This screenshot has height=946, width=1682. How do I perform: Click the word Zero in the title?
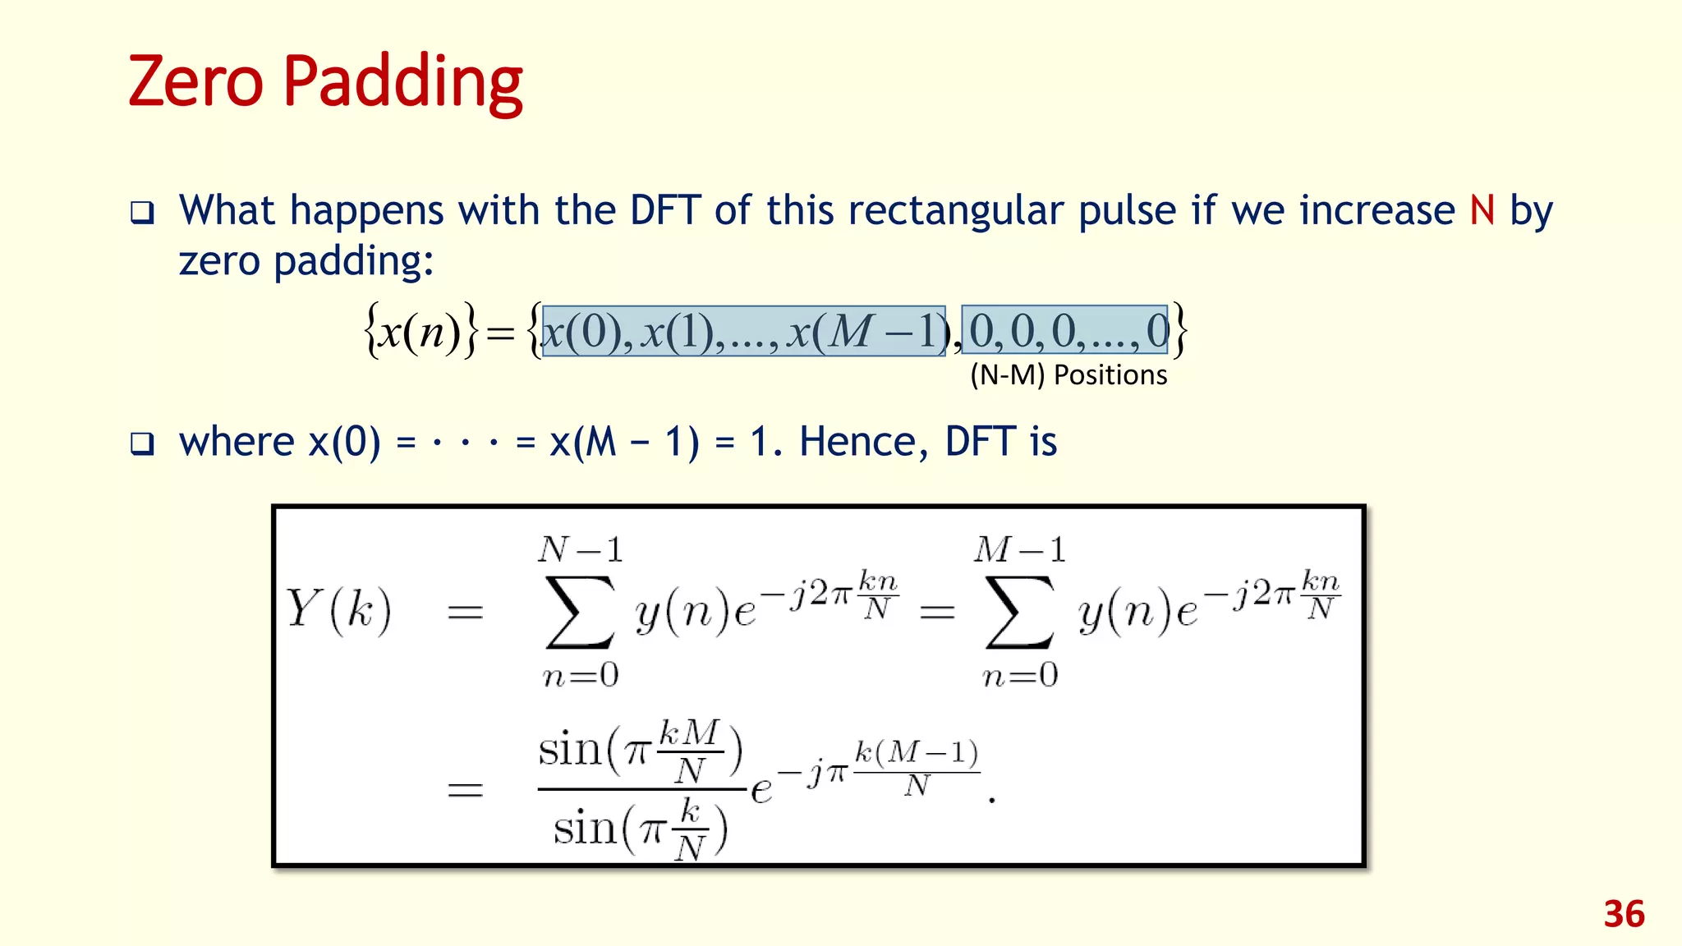[195, 81]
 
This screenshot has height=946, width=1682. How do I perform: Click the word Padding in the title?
[402, 83]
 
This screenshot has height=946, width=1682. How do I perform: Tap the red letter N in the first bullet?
[1482, 210]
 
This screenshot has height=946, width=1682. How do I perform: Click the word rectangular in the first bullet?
[956, 212]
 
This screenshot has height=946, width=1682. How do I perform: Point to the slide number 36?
[1624, 915]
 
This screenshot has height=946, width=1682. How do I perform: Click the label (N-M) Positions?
[1068, 375]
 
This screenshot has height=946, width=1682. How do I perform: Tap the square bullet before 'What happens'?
[142, 214]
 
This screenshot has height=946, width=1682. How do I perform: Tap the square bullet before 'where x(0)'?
[142, 444]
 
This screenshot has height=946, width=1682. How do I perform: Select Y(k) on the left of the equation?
[338, 610]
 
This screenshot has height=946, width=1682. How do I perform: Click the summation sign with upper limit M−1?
[1020, 612]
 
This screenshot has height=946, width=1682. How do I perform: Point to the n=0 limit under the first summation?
[581, 675]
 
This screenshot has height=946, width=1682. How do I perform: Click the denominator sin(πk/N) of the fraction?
[641, 828]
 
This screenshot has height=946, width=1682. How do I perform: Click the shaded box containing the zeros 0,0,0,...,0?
[1064, 330]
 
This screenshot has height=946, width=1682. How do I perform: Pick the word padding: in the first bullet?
[352, 263]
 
